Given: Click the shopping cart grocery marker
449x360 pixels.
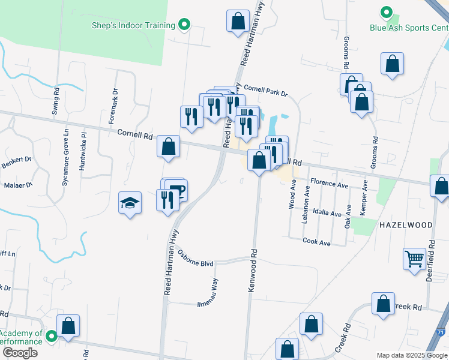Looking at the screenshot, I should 414,260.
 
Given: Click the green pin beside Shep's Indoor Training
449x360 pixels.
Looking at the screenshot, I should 185,25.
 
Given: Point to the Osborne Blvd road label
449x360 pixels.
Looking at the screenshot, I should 196,258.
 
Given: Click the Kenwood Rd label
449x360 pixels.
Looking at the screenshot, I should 253,271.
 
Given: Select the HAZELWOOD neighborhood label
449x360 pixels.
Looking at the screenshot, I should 406,224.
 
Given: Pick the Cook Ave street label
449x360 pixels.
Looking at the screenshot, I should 317,242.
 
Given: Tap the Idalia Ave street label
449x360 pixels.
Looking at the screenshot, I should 327,213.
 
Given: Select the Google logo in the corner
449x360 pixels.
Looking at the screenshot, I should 19,353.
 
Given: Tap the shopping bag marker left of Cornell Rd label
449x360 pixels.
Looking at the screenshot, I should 169,146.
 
